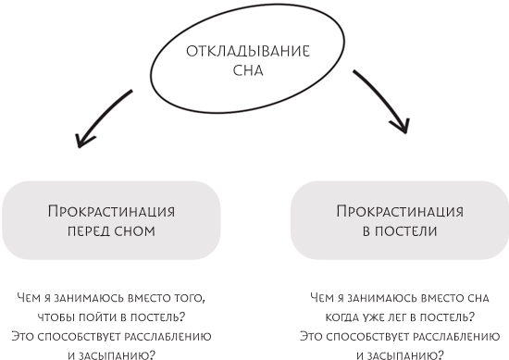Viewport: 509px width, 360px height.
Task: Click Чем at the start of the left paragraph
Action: coord(29,297)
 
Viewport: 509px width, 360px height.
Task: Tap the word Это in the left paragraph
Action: coord(24,335)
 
